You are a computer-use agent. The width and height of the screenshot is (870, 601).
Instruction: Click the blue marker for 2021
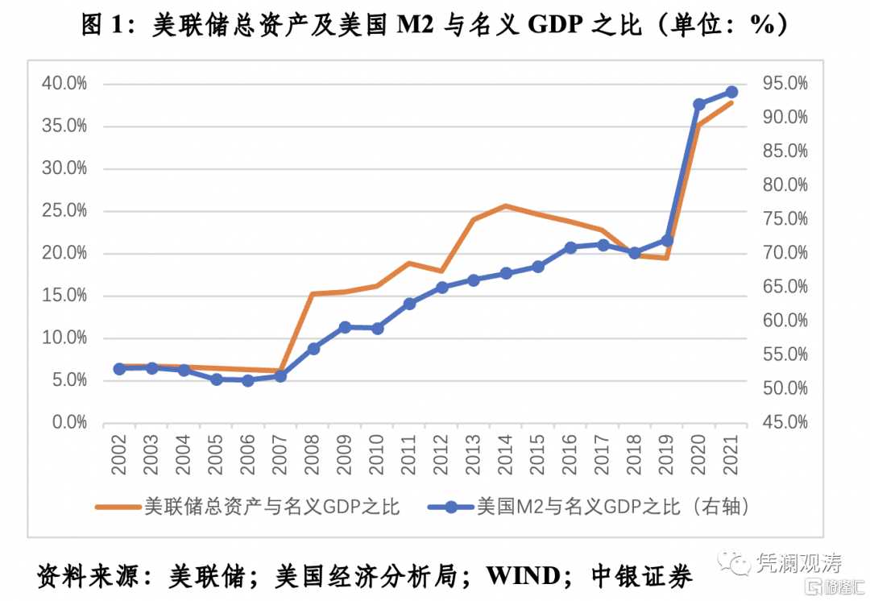731,92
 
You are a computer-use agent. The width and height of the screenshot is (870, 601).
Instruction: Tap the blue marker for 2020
699,105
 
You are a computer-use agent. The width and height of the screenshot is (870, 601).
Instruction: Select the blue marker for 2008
313,349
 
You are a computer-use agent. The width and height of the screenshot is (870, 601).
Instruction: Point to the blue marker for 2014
506,273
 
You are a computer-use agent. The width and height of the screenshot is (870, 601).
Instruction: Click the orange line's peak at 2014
506,205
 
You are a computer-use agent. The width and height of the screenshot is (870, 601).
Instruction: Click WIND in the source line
523,575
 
